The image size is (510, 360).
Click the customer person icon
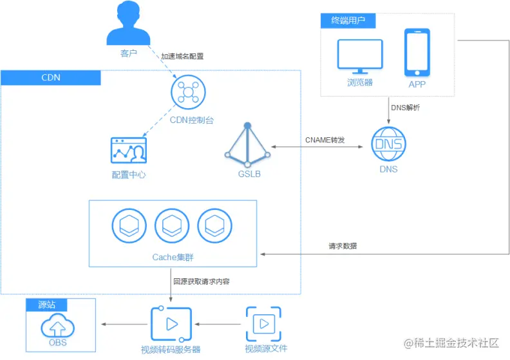point(129,24)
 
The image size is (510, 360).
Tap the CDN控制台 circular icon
point(189,92)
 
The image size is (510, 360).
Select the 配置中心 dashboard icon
point(129,152)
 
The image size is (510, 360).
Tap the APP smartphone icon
point(417,52)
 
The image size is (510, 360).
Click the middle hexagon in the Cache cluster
point(172,226)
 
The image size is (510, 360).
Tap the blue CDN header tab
point(51,78)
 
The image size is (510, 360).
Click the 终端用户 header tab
point(348,21)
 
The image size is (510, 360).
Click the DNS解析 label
point(406,108)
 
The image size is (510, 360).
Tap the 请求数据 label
point(343,246)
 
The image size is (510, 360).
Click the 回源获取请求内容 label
point(202,281)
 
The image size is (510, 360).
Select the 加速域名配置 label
point(182,57)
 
